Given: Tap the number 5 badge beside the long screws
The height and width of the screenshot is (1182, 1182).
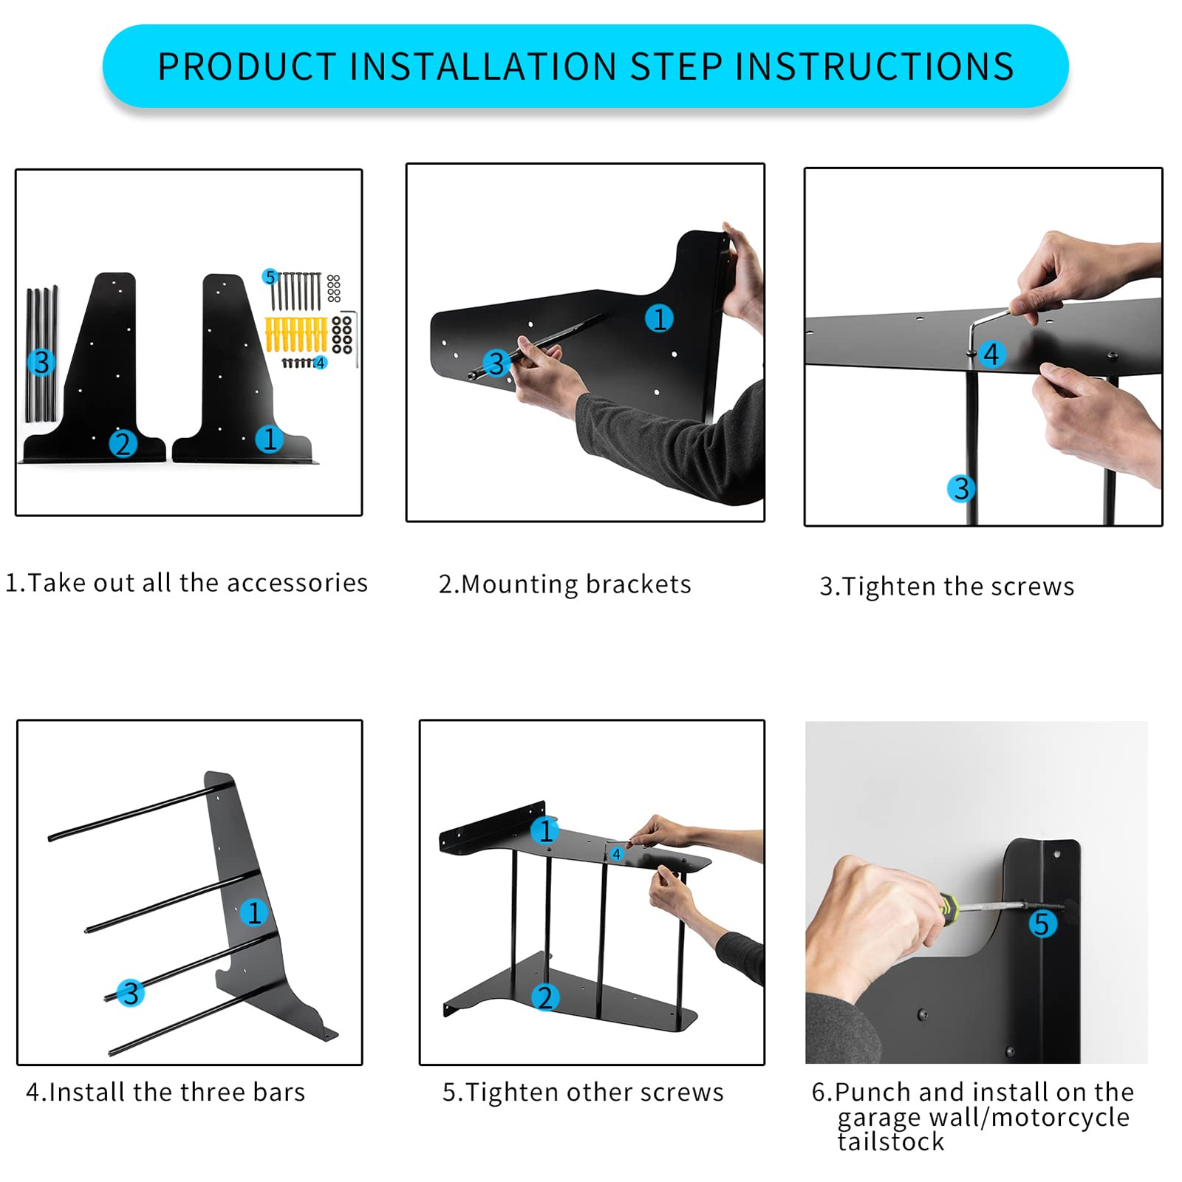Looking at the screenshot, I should pos(270,277).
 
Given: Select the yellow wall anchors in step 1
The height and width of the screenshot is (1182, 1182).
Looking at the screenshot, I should pos(295,335).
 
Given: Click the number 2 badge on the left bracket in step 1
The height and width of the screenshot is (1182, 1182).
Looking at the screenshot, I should pos(123,443).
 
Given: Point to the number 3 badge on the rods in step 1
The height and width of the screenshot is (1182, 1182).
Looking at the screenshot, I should pos(41,362).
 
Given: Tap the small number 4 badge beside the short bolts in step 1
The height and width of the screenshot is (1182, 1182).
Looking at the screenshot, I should pos(320,363).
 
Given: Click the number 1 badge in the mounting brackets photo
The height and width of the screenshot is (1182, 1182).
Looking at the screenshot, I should pos(659,318).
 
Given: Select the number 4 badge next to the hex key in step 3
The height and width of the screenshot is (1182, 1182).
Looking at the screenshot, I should pos(991,354).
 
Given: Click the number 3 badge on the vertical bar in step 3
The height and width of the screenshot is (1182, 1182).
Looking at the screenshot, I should pos(960,488).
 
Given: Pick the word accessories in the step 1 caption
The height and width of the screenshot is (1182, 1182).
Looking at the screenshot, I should pos(297,583).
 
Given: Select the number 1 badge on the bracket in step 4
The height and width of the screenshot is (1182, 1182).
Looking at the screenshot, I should pos(253,913).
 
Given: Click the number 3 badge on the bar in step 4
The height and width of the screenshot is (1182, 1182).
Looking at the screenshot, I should pos(131,993).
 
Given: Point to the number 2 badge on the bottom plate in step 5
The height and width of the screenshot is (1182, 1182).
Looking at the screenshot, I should pos(545,997).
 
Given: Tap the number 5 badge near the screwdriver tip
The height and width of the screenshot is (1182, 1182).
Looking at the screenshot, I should pos(1042,923).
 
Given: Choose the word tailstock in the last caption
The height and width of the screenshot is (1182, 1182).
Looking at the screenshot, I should pos(891,1142).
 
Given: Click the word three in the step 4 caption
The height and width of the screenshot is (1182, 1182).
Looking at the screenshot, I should pos(212,1092).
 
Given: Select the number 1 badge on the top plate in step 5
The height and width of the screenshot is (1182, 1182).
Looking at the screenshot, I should pos(545,830).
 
